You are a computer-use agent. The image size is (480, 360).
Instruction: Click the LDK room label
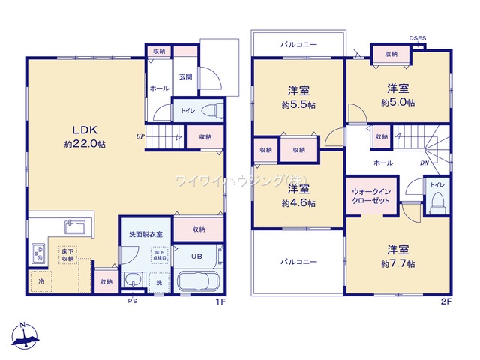(x=75, y=128)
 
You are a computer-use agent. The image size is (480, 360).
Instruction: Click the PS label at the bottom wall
(x=132, y=301)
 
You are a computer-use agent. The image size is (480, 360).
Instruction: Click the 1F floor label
(x=220, y=301)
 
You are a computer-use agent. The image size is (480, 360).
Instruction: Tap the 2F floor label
(x=446, y=301)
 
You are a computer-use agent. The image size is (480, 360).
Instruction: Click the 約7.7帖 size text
(x=397, y=263)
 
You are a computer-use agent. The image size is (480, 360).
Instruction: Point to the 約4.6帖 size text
(x=298, y=203)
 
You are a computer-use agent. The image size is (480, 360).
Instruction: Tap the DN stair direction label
(x=424, y=163)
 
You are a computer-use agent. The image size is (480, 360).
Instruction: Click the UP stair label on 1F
(x=140, y=137)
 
